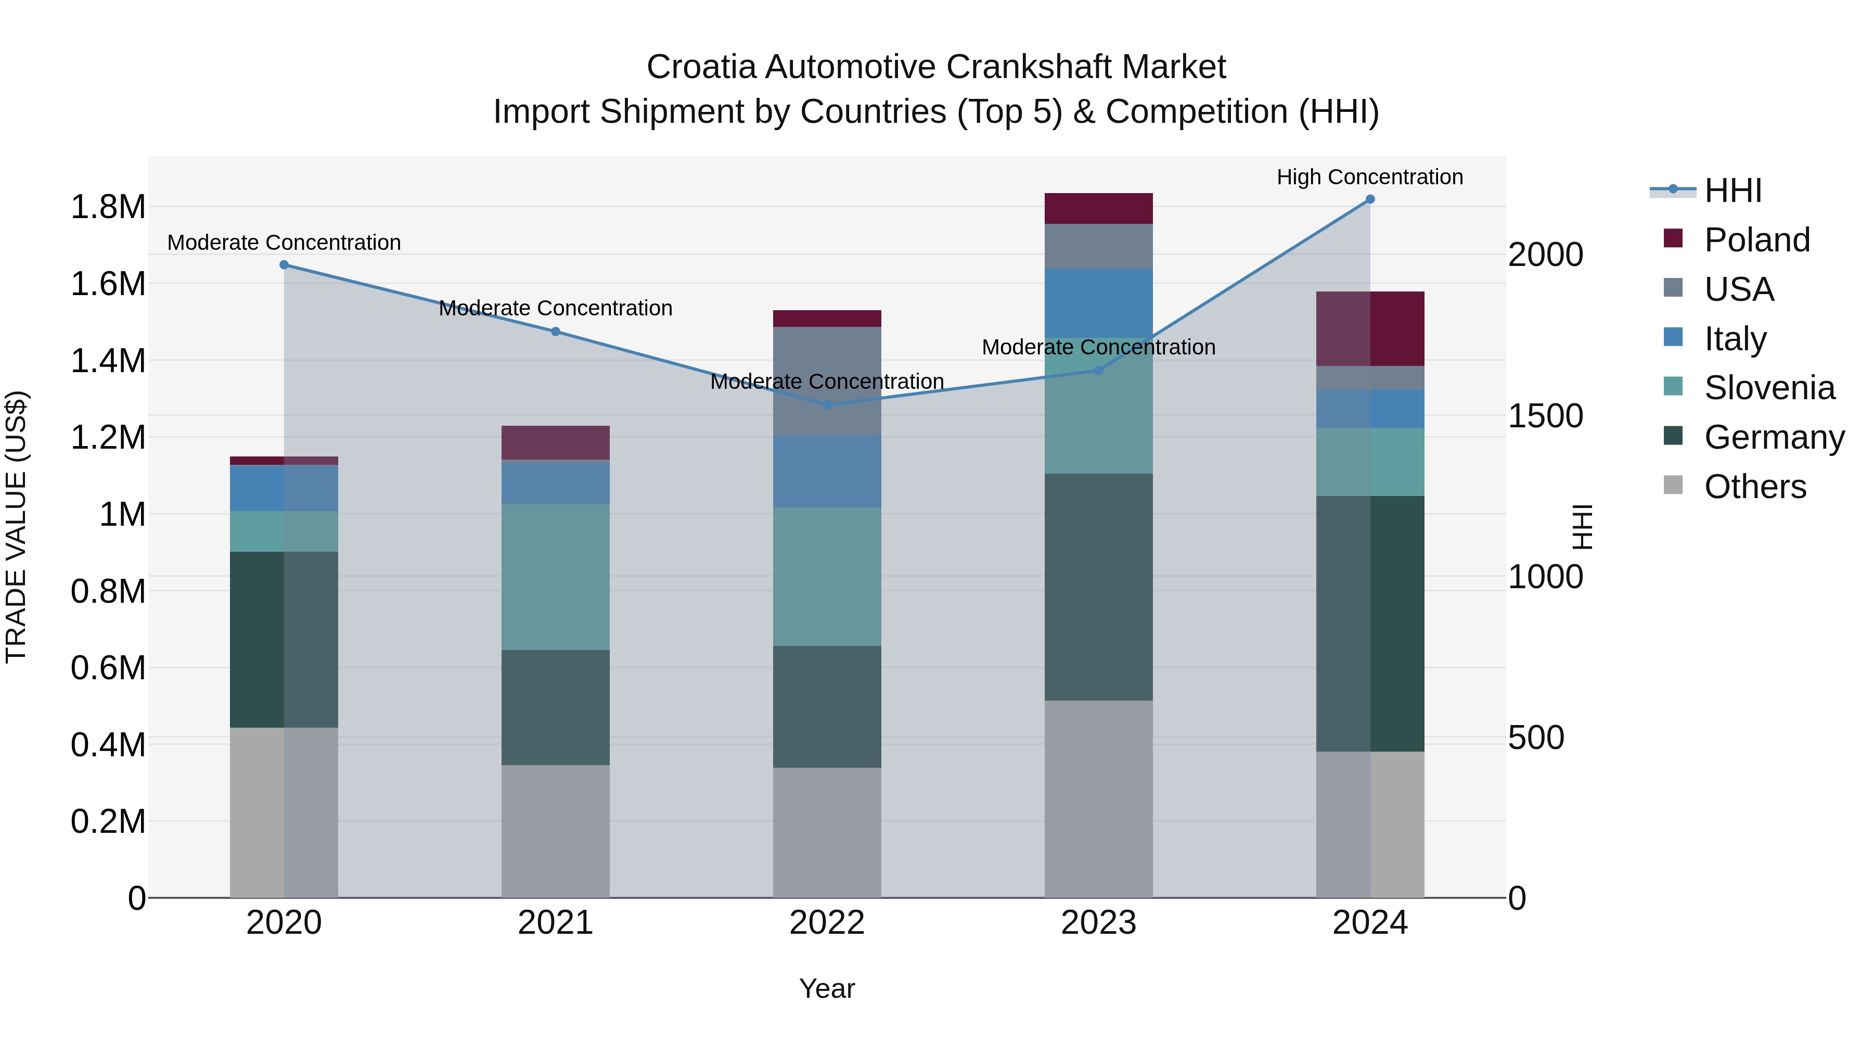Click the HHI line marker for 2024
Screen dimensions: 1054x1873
pyautogui.click(x=1370, y=199)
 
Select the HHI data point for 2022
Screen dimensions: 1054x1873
pyautogui.click(x=827, y=405)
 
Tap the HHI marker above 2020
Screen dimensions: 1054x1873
pyautogui.click(x=284, y=265)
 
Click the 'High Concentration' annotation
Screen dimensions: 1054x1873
pyautogui.click(x=1370, y=177)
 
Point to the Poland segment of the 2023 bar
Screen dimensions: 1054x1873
pyautogui.click(x=1099, y=209)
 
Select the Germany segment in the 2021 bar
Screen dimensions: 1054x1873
pyautogui.click(x=556, y=707)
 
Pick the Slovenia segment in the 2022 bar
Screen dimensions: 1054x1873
pyautogui.click(x=827, y=576)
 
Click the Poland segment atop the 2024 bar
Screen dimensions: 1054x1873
pyautogui.click(x=1370, y=329)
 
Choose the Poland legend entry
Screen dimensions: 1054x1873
pyautogui.click(x=1756, y=240)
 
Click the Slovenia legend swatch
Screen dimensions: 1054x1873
pyautogui.click(x=1673, y=387)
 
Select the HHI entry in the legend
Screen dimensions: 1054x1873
pyautogui.click(x=1733, y=191)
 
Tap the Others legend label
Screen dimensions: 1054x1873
pyautogui.click(x=1755, y=487)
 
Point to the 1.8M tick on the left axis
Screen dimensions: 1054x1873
pyautogui.click(x=108, y=207)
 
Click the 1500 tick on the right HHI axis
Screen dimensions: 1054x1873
pyautogui.click(x=1545, y=416)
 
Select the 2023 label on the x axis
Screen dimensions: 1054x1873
pyautogui.click(x=1099, y=923)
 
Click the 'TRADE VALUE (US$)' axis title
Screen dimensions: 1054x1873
pyautogui.click(x=16, y=527)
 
